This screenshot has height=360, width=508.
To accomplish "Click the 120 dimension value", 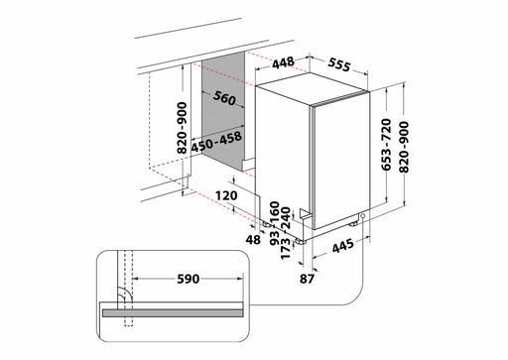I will (x=226, y=195).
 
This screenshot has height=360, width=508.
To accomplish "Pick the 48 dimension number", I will (x=253, y=239).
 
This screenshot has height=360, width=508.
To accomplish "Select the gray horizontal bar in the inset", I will (x=170, y=309).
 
